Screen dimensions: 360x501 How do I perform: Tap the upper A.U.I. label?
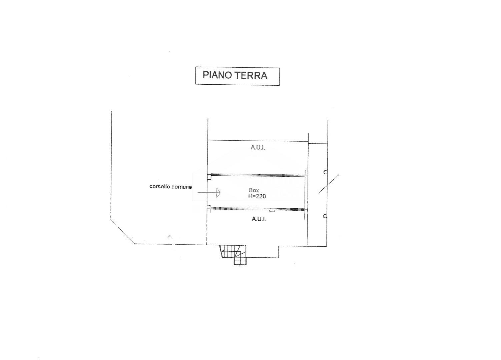click(258, 148)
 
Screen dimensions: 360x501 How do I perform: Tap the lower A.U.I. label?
click(259, 219)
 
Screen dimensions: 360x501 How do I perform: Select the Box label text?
click(254, 190)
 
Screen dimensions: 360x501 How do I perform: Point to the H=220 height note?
click(257, 196)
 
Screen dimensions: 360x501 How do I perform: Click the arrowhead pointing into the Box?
click(218, 193)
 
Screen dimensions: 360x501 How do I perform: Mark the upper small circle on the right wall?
click(325, 172)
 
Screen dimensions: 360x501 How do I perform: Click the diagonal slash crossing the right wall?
click(329, 183)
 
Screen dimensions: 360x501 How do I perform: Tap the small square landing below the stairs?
click(240, 261)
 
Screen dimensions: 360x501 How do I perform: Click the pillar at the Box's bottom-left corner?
click(209, 208)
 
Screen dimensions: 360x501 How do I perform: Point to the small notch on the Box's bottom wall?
click(272, 210)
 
